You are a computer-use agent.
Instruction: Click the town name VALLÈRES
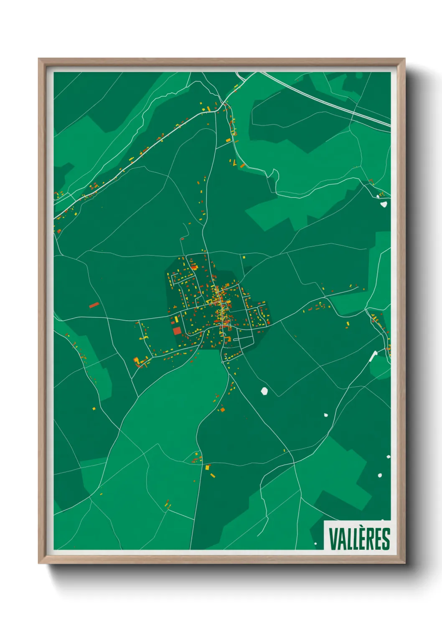(359, 539)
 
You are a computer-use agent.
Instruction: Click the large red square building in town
(177, 331)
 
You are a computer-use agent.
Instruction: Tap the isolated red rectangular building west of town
(94, 305)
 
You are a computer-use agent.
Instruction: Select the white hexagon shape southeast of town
(264, 391)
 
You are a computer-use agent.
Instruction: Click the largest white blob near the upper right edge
(384, 204)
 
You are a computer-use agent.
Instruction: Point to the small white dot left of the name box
(316, 543)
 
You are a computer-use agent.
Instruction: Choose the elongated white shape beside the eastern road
(373, 356)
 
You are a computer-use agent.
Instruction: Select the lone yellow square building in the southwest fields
(94, 408)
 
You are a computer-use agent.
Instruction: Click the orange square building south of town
(222, 409)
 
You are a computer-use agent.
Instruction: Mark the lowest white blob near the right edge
(380, 475)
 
